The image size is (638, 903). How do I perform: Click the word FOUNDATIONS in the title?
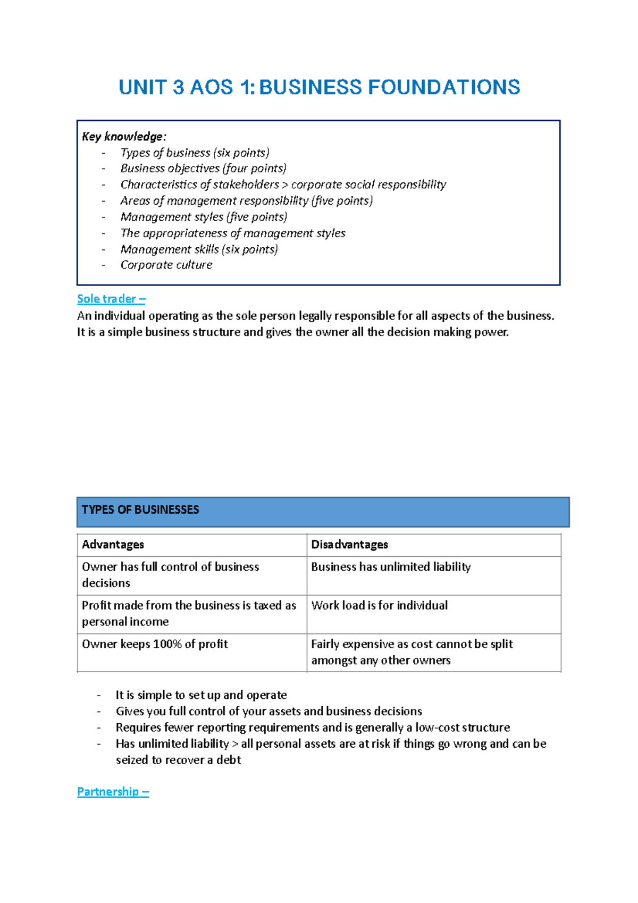(x=443, y=87)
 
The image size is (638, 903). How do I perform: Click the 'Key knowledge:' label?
(x=124, y=137)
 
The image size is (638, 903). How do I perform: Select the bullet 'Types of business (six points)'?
(x=195, y=153)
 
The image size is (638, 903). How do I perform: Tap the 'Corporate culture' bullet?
(x=166, y=265)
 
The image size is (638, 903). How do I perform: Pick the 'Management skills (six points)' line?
(x=199, y=249)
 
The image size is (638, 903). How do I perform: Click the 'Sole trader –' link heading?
(x=111, y=299)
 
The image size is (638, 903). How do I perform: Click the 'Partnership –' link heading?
(x=113, y=791)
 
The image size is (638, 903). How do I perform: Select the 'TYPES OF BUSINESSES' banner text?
(x=140, y=509)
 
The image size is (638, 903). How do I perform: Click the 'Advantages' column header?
(x=113, y=545)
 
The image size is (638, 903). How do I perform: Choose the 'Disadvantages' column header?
(x=349, y=545)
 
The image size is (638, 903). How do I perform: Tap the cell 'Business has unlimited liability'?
(x=391, y=567)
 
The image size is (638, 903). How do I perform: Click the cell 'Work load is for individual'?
(x=379, y=605)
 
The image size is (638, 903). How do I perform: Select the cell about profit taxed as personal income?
(x=189, y=613)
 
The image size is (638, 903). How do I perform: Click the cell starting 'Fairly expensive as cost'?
(x=412, y=652)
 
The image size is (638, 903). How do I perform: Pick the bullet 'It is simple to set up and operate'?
(x=201, y=695)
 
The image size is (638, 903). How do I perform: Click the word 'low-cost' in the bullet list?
(x=435, y=728)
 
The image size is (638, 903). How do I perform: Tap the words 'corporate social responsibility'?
(x=368, y=185)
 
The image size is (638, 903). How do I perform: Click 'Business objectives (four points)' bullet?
(x=203, y=169)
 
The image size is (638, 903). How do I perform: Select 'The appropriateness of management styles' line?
(x=233, y=233)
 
